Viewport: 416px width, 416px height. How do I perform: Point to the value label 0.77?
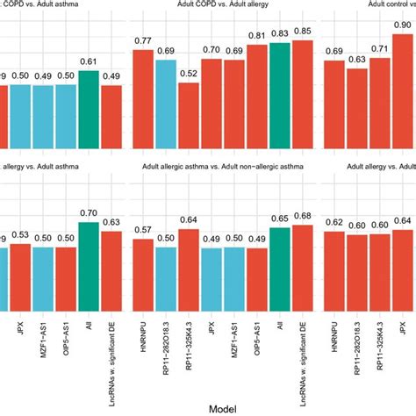143,40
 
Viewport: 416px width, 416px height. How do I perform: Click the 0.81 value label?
256,36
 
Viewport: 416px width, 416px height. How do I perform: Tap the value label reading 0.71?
379,49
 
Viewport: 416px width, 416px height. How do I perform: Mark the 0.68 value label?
302,216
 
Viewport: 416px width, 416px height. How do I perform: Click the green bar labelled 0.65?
279,269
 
